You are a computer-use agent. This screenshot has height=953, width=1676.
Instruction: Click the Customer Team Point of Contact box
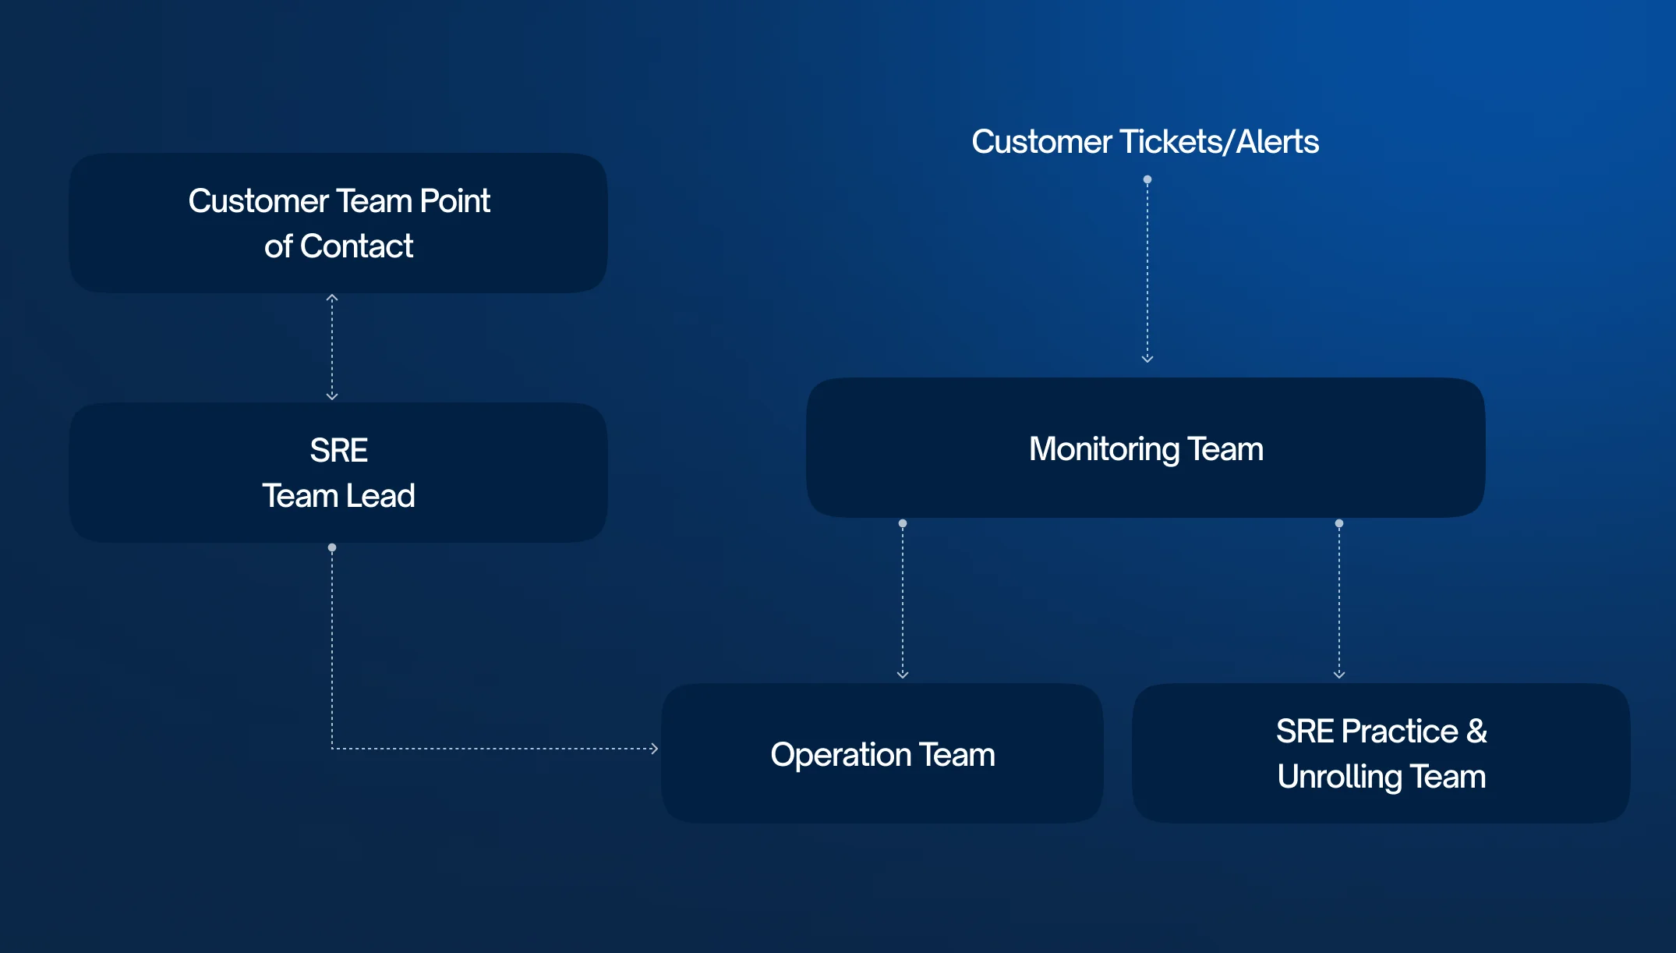[x=338, y=223]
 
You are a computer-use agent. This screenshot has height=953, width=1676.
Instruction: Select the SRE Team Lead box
[x=338, y=473]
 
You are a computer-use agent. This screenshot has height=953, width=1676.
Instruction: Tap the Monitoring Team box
[x=1145, y=448]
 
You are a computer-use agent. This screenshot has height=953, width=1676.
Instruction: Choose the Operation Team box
[x=882, y=753]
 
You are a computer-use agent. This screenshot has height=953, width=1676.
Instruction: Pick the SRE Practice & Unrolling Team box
[x=1381, y=753]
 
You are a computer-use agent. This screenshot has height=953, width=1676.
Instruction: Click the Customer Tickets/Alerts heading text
[x=1145, y=142]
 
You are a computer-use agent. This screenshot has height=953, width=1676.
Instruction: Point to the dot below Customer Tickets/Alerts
[x=1147, y=179]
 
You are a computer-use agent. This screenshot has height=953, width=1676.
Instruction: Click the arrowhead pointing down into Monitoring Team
[x=1147, y=359]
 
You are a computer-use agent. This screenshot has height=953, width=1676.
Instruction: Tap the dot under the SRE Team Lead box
[x=332, y=547]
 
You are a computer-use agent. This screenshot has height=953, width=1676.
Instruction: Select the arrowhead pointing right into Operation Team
[x=655, y=749]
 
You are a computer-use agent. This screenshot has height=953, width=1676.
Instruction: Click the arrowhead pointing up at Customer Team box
[x=332, y=298]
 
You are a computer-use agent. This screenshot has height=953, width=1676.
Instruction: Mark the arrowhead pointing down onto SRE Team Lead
[x=332, y=396]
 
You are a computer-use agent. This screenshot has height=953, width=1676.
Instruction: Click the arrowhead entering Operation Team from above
[x=903, y=675]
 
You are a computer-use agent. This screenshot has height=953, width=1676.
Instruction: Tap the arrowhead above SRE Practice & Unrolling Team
[x=1339, y=675]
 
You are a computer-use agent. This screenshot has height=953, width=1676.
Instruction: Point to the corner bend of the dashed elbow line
[x=332, y=749]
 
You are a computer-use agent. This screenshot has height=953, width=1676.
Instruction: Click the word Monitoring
[x=1104, y=449]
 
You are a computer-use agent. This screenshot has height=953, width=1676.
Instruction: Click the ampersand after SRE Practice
[x=1476, y=732]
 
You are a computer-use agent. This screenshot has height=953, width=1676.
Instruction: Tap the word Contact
[x=356, y=246]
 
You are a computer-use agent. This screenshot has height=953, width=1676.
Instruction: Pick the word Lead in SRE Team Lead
[x=380, y=496]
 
